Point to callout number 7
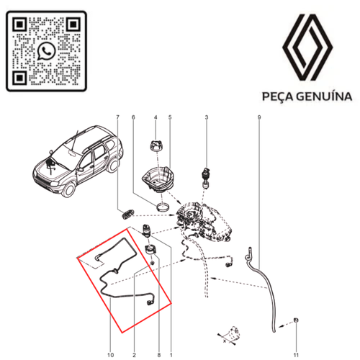click(x=117, y=117)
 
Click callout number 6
click(x=133, y=117)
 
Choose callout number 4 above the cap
click(x=154, y=117)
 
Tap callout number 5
click(x=170, y=117)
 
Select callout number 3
click(x=207, y=117)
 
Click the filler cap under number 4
click(x=154, y=146)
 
